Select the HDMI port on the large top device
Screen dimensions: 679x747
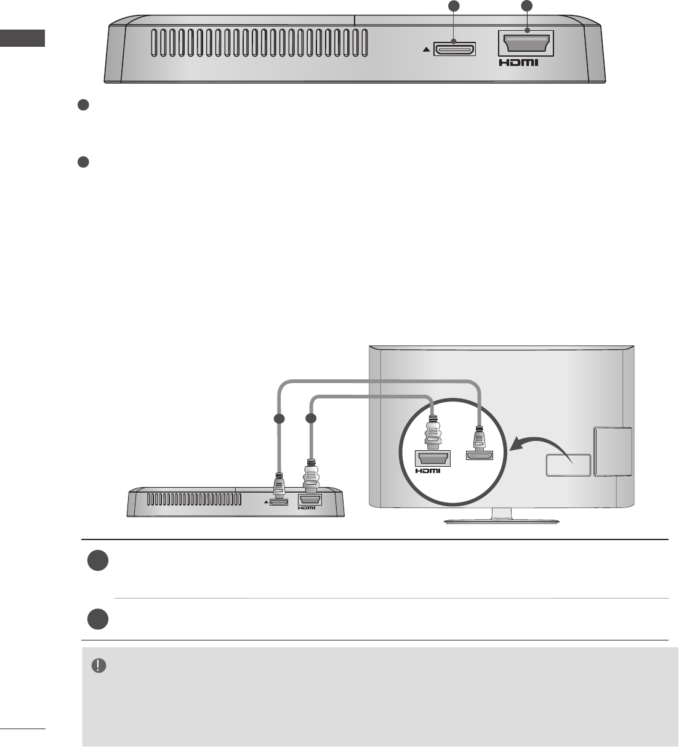click(x=527, y=44)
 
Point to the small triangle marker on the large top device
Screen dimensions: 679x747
click(x=427, y=50)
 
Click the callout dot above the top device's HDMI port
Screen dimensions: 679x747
click(x=526, y=7)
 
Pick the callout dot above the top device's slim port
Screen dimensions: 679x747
click(x=454, y=7)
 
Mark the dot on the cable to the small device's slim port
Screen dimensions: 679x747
click(x=280, y=419)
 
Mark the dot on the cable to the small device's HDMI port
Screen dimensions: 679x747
click(x=311, y=419)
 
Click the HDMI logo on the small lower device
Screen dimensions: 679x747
click(x=308, y=508)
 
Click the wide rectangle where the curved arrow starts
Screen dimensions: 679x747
click(x=568, y=464)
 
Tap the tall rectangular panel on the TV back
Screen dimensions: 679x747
click(x=613, y=452)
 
